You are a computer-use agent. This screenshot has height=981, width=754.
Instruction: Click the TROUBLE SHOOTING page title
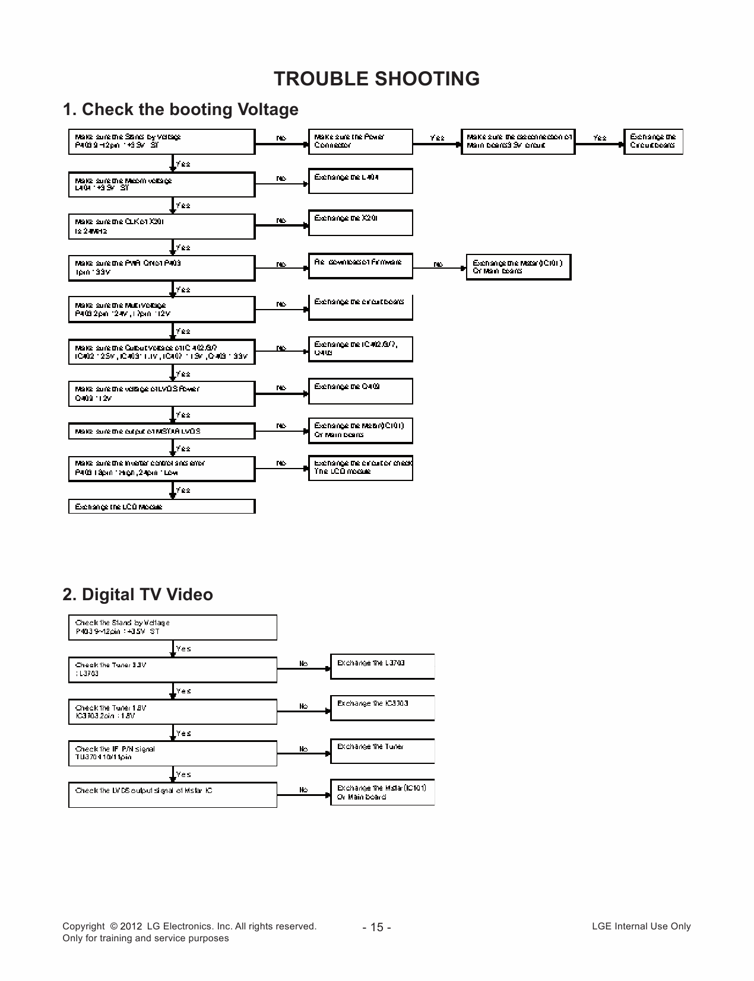pyautogui.click(x=376, y=78)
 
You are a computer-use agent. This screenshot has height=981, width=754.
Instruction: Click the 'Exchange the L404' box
pyautogui.click(x=360, y=181)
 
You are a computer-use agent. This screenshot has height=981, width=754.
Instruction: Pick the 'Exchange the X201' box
pyautogui.click(x=360, y=222)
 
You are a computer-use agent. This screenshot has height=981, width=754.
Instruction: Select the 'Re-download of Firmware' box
pyautogui.click(x=360, y=265)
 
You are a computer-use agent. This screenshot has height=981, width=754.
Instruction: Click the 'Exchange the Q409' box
pyautogui.click(x=360, y=391)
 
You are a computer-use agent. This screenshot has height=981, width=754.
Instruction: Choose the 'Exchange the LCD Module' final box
pyautogui.click(x=161, y=507)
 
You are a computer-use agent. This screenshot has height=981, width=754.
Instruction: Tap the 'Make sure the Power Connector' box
pyautogui.click(x=360, y=141)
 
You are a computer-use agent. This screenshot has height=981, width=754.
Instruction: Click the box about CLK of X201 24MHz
pyautogui.click(x=161, y=226)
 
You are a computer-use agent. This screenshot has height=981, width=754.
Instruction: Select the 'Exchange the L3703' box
pyautogui.click(x=382, y=666)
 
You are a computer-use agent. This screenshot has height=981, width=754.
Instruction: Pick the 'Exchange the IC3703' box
pyautogui.click(x=382, y=708)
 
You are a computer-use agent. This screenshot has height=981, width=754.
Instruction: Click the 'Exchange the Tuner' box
pyautogui.click(x=382, y=750)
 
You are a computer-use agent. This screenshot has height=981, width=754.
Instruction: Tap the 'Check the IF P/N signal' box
pyautogui.click(x=172, y=753)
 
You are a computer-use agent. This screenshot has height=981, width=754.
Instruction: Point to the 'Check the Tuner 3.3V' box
pyautogui.click(x=172, y=669)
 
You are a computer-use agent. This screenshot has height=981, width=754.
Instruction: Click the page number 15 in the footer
pyautogui.click(x=376, y=927)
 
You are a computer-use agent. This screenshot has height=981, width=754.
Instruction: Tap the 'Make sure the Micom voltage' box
pyautogui.click(x=161, y=184)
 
